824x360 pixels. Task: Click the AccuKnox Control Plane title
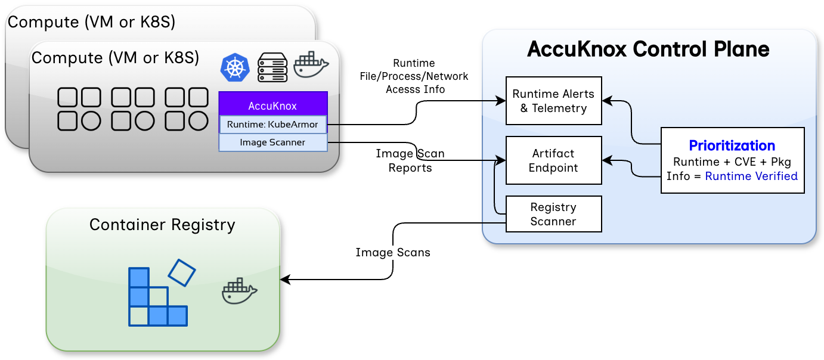coord(648,49)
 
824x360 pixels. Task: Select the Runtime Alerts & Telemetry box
coord(553,101)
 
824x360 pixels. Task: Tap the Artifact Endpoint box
coord(553,160)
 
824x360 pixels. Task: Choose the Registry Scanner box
coord(553,214)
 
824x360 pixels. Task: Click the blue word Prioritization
coord(732,145)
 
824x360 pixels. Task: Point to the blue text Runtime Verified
coord(751,176)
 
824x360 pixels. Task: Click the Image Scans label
coord(392,253)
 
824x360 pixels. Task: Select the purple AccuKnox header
coord(272,106)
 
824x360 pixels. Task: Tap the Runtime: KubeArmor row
coord(272,125)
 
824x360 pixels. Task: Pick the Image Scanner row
coord(272,142)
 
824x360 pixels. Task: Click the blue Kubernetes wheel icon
coord(235,67)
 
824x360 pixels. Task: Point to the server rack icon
coord(272,67)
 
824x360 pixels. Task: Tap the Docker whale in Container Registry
coord(240,291)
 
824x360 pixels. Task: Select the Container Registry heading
coord(162,225)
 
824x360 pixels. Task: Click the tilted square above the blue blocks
coord(182,272)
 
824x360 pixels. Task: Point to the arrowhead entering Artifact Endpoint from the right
coord(607,160)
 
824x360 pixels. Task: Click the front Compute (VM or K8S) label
coord(115,58)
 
